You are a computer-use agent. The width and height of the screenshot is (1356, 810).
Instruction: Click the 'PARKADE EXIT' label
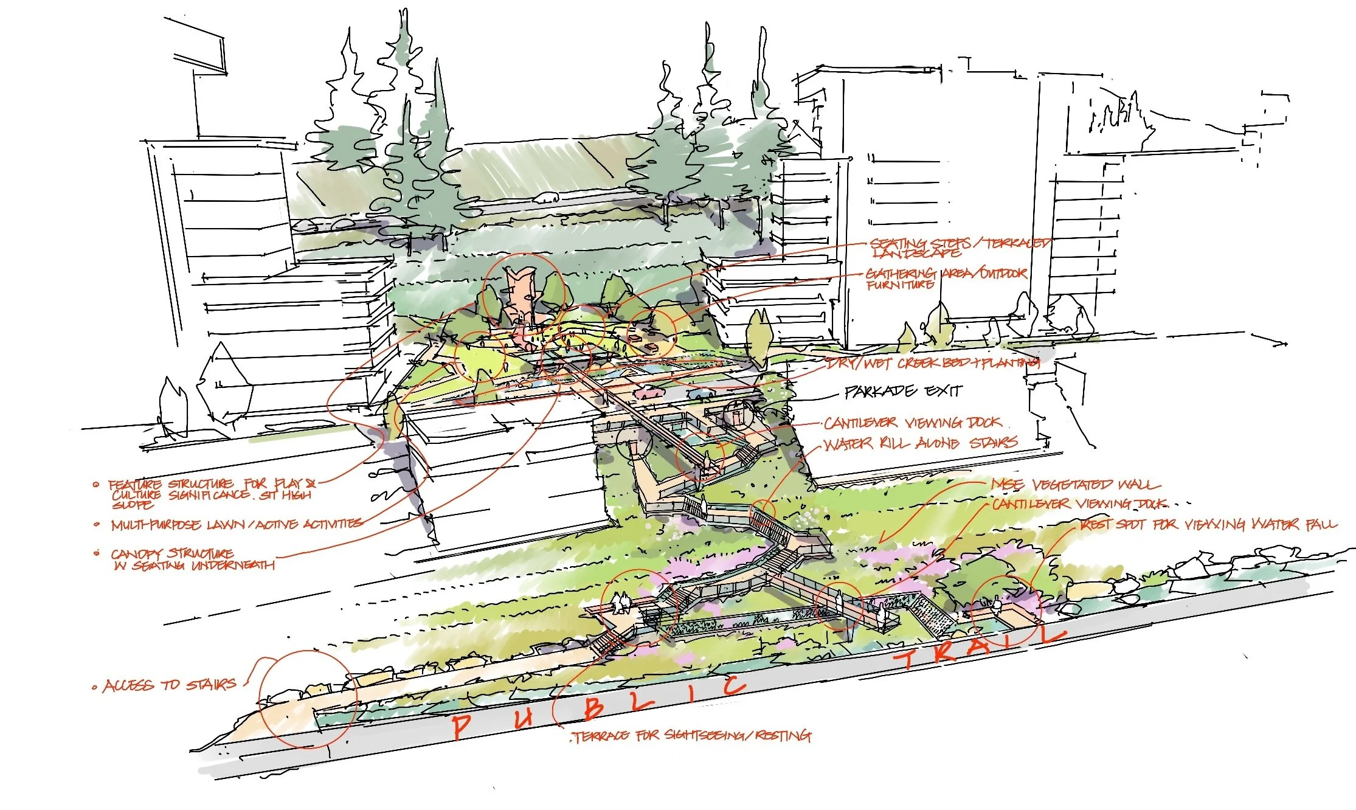pyautogui.click(x=903, y=391)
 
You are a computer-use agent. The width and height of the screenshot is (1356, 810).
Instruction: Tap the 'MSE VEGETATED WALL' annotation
pyautogui.click(x=1074, y=485)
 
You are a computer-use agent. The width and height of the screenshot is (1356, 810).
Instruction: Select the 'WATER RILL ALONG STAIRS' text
pyautogui.click(x=919, y=443)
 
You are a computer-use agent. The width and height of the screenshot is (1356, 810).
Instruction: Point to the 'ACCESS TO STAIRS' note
pyautogui.click(x=170, y=685)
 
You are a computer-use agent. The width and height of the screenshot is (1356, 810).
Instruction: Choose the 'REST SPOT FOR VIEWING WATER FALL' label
pyautogui.click(x=1208, y=524)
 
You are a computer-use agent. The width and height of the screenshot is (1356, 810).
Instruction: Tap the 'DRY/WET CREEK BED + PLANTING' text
pyautogui.click(x=932, y=364)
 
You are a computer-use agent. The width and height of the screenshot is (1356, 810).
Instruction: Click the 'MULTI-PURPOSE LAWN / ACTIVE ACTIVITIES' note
pyautogui.click(x=237, y=524)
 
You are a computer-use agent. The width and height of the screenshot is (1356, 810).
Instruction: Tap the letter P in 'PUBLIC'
pyautogui.click(x=461, y=725)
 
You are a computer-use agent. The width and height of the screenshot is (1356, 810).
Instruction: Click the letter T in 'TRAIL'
pyautogui.click(x=906, y=658)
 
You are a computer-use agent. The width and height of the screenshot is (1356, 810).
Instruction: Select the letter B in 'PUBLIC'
pyautogui.click(x=594, y=708)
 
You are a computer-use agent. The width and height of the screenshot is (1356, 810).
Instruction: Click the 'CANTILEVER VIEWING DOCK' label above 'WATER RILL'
pyautogui.click(x=912, y=423)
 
